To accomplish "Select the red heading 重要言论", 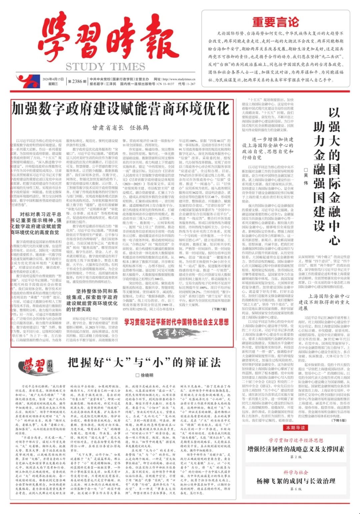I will click(x=275, y=22).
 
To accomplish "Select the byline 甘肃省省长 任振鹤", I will click(x=120, y=128).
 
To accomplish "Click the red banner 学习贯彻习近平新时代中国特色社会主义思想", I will click(x=177, y=322).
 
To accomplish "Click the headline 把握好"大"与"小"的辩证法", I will click(x=144, y=362).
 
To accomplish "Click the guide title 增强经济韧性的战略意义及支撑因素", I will click(x=296, y=449).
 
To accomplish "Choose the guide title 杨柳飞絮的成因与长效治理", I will click(x=296, y=481).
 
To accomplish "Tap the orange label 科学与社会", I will click(x=296, y=472).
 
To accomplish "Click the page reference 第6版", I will click(x=296, y=489).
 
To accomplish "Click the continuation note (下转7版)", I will click(x=219, y=309).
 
